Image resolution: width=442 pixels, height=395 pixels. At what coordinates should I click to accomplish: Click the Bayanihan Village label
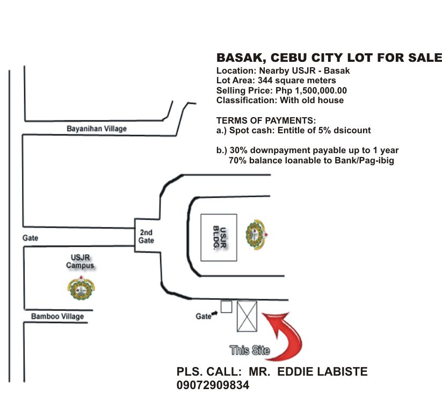(97, 128)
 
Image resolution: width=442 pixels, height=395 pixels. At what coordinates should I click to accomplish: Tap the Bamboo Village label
(57, 317)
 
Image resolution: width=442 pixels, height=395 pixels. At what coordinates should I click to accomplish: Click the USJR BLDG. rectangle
(219, 238)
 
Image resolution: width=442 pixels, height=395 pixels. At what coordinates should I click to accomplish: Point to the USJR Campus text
(80, 261)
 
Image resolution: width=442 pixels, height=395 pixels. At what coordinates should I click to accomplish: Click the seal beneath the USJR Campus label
(81, 288)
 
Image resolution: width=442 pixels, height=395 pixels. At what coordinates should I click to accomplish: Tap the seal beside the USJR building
(257, 235)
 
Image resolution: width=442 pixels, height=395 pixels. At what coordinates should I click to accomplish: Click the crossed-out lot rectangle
(247, 317)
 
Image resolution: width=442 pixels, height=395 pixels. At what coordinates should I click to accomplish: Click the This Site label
(250, 350)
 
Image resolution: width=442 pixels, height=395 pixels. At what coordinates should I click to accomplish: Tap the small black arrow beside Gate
(214, 313)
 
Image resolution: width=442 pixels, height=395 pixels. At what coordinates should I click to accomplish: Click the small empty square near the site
(226, 307)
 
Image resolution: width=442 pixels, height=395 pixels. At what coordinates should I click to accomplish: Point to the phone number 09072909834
(213, 385)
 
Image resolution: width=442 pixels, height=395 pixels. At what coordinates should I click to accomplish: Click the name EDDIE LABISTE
(322, 371)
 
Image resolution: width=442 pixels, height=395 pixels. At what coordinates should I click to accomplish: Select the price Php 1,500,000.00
(311, 91)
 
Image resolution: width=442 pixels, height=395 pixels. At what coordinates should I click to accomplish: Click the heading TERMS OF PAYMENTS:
(266, 120)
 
